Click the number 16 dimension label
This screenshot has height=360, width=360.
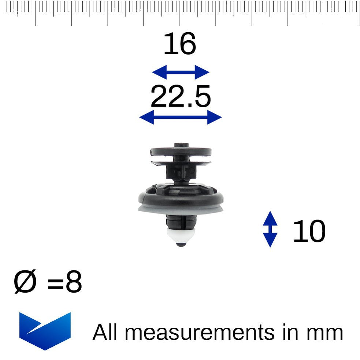[x=179, y=44]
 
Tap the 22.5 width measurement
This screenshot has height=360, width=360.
[x=181, y=97]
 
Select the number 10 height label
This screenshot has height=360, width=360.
[x=309, y=231]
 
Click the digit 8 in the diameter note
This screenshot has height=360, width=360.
[x=74, y=283]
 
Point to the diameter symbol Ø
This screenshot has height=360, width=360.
[x=25, y=283]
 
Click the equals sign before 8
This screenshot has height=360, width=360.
[x=56, y=284]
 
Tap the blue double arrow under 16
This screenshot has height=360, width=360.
[x=180, y=72]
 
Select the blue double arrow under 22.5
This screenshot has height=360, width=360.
[x=181, y=118]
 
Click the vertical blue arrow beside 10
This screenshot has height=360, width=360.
[x=270, y=229]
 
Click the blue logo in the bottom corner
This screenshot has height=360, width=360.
[x=45, y=330]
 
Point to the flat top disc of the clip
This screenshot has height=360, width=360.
[x=181, y=151]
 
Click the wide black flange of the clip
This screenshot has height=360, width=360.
[x=181, y=198]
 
